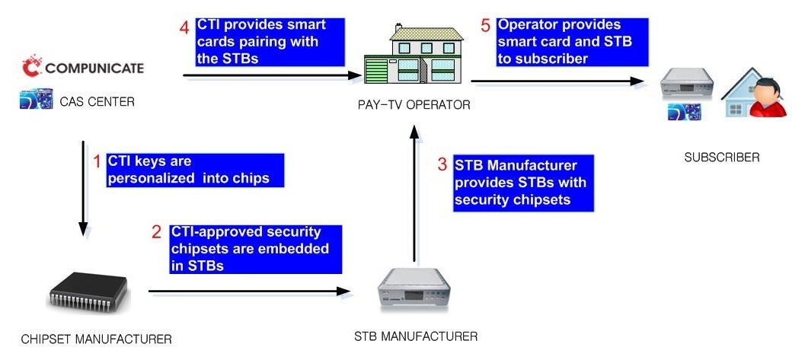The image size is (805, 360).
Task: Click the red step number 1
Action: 97,161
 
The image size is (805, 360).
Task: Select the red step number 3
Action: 442,164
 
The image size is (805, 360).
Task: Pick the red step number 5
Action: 486,25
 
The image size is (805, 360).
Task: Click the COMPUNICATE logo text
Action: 94,68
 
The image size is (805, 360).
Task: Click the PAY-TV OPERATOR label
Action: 414,105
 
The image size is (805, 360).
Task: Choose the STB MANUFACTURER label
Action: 417,336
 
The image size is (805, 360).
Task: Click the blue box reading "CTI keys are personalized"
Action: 194,170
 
